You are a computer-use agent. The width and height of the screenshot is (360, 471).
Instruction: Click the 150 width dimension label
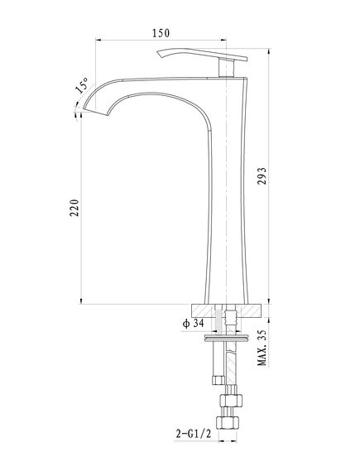[x=161, y=33]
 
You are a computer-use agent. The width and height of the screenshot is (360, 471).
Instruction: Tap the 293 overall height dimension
[x=262, y=176]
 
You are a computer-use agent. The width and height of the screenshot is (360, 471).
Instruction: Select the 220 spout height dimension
[x=74, y=208]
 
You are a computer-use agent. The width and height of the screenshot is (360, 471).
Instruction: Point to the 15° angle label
[x=82, y=85]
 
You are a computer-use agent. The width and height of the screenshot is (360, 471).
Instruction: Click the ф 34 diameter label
[x=194, y=324]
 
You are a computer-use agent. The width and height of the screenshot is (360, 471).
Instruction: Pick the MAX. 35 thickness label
[x=262, y=348]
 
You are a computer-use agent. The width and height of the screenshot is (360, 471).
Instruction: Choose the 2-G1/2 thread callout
[x=194, y=434]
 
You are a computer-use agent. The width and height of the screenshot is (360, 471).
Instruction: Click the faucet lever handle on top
[x=202, y=55]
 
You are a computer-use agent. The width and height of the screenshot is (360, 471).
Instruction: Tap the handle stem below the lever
[x=227, y=68]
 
